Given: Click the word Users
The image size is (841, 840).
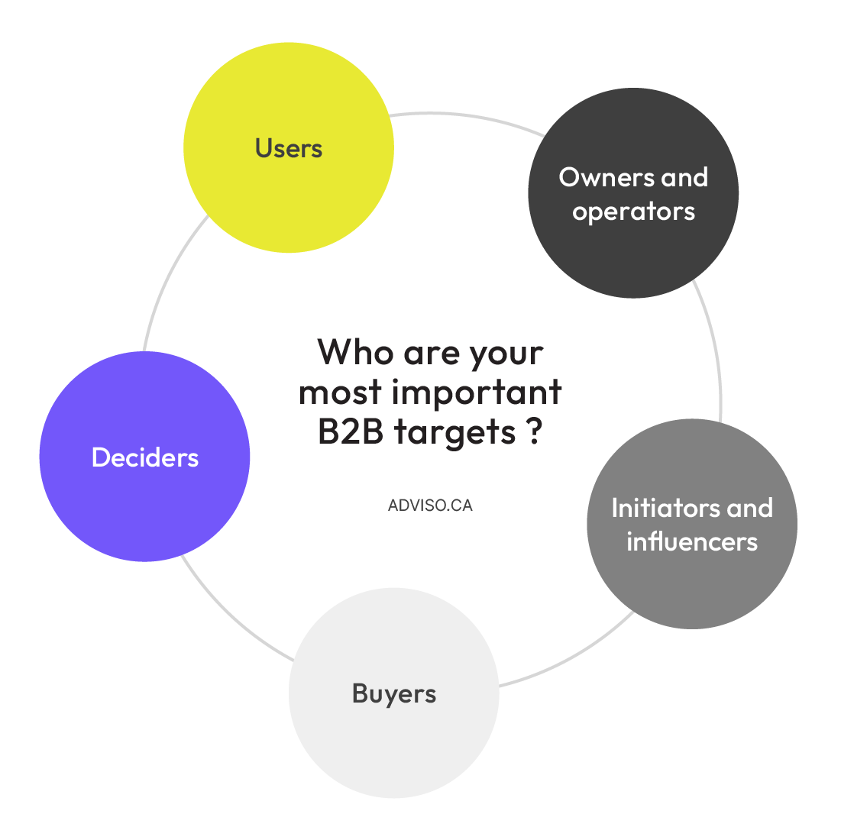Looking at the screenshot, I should click(289, 148).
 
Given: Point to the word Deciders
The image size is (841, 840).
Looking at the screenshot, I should click(145, 457).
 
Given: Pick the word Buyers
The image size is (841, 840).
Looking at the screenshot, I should click(394, 693).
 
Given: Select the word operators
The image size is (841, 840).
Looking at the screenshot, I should click(633, 212).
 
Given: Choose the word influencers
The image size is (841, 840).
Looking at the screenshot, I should click(692, 541).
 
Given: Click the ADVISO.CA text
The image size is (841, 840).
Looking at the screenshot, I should click(430, 506).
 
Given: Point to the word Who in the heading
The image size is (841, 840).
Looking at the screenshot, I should click(355, 352).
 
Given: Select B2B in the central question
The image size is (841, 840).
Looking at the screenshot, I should click(352, 432).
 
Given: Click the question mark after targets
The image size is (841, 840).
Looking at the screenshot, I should click(534, 431).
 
